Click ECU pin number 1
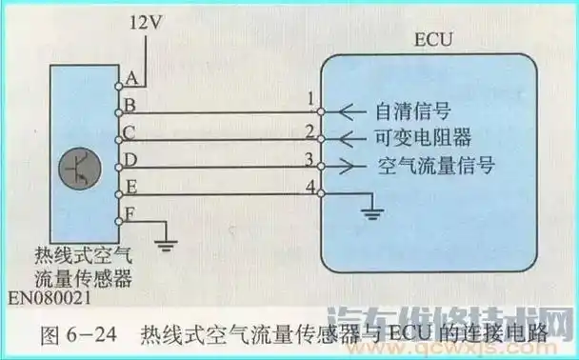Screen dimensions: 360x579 coord(311,98)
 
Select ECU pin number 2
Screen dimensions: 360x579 coord(310,128)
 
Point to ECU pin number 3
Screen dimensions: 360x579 coord(310,157)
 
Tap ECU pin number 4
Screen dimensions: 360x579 coord(310,186)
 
